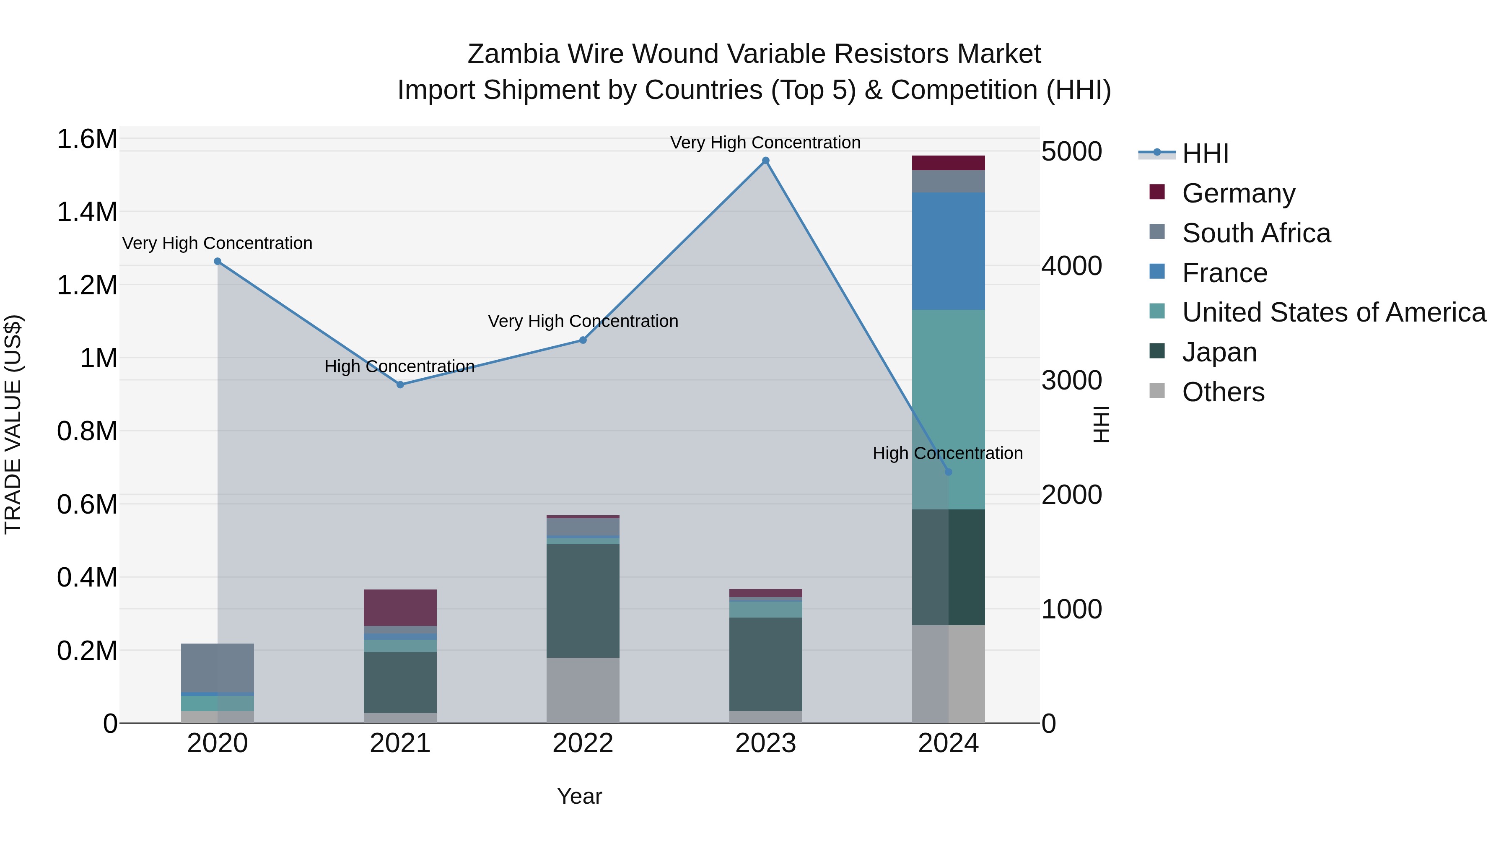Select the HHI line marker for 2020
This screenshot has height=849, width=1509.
click(x=217, y=261)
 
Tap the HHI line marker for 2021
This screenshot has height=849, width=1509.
click(x=400, y=385)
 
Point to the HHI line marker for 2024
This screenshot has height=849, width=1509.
click(x=949, y=472)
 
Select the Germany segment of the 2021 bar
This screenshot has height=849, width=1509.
click(x=400, y=608)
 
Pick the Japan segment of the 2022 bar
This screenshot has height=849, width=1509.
click(x=583, y=600)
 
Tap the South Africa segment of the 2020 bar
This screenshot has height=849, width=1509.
click(x=217, y=667)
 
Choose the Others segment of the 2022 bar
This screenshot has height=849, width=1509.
click(x=583, y=690)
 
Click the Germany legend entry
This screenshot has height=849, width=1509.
click(x=1238, y=193)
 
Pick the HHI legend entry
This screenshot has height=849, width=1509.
click(x=1205, y=153)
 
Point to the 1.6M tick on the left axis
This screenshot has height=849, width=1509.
click(x=87, y=140)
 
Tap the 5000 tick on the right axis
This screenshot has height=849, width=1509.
click(x=1071, y=152)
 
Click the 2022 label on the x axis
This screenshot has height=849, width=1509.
click(x=583, y=743)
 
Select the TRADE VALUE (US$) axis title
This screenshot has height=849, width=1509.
click(x=13, y=424)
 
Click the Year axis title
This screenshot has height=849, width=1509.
click(x=579, y=796)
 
